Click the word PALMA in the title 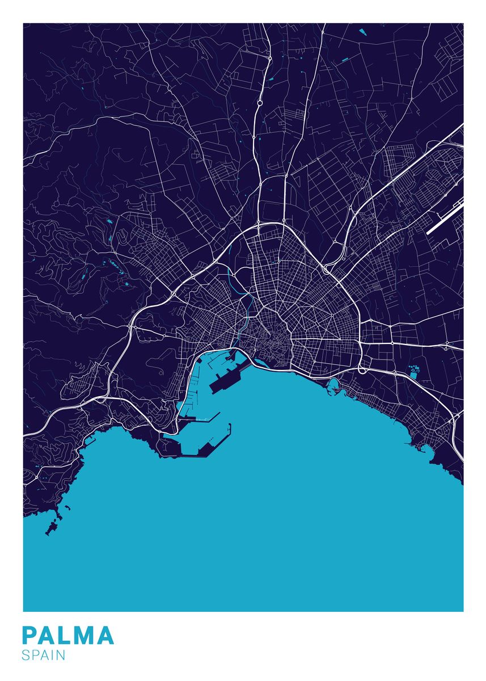pos(68,636)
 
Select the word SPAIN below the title pos(44,655)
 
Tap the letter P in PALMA pos(30,636)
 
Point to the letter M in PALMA pos(84,636)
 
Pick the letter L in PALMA pos(65,636)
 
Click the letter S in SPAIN pos(26,655)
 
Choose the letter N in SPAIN pos(61,655)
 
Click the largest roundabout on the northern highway pos(259,104)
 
